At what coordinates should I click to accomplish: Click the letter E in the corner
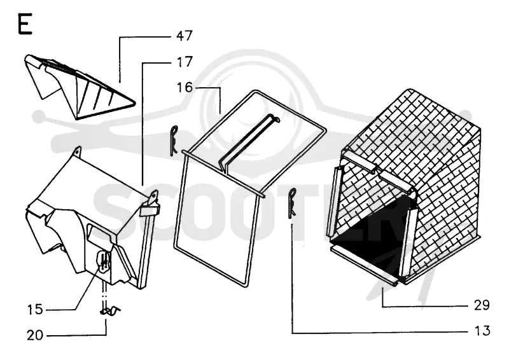click(x=25, y=24)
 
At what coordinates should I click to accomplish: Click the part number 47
click(x=185, y=36)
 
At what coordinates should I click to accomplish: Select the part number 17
click(x=184, y=62)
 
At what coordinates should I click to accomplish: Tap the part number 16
click(x=185, y=87)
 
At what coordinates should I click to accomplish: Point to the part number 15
click(x=35, y=309)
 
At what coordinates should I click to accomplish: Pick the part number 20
click(x=35, y=335)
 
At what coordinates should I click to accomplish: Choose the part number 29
click(x=482, y=305)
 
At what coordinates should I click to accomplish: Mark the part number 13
click(x=482, y=331)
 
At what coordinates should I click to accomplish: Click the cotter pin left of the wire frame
click(x=173, y=141)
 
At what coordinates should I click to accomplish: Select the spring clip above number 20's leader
click(x=109, y=311)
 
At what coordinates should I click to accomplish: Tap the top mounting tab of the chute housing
click(x=77, y=151)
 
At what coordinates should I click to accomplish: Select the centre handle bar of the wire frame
click(x=248, y=141)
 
